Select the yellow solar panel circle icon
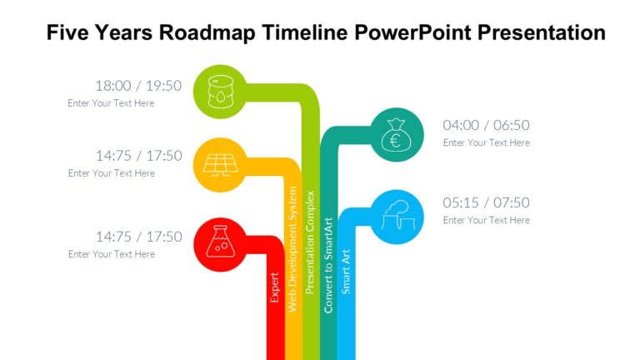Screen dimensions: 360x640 pos(219,162)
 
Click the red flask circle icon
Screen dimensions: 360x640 pos(219,243)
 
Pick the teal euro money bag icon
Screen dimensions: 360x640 pos(396,134)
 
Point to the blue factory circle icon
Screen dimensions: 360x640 pos(396,216)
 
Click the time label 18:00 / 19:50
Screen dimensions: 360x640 pos(137,85)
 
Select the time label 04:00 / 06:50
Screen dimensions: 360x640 pos(486,125)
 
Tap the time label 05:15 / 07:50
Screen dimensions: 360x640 pos(486,202)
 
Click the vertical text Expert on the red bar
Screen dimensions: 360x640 pos(275,286)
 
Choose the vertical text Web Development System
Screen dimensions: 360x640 pos(292,260)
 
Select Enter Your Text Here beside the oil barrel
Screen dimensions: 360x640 pos(111,103)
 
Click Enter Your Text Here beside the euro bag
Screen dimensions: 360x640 pos(486,142)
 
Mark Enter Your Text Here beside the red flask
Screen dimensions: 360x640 pos(111,254)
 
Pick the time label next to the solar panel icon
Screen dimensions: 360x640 pos(137,155)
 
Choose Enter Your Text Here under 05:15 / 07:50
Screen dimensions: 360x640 pos(486,220)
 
